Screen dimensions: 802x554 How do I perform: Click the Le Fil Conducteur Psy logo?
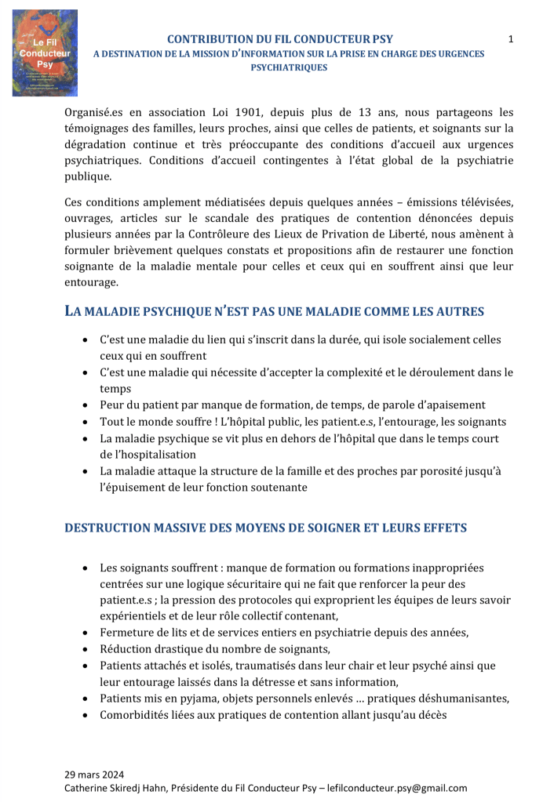(x=45, y=53)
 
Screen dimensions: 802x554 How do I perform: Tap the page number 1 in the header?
(x=511, y=39)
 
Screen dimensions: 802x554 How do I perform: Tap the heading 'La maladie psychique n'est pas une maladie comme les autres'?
(x=274, y=311)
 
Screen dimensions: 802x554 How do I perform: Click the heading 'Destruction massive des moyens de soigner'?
(x=265, y=528)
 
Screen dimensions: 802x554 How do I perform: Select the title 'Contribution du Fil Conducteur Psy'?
(x=280, y=39)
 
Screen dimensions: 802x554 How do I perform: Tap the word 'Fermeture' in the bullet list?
(x=126, y=632)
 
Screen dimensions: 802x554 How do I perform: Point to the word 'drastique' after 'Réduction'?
(x=183, y=648)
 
